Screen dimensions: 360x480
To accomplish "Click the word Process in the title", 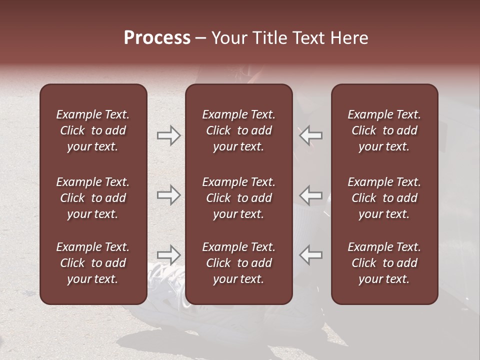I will coord(157,38).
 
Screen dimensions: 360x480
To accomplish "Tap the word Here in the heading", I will coord(349,38).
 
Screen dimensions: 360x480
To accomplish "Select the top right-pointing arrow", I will coord(168,135).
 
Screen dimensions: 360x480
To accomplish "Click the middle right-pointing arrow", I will coord(168,195).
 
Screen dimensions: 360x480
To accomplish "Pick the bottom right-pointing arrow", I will coord(168,255).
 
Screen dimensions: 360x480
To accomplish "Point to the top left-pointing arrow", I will coord(311,135).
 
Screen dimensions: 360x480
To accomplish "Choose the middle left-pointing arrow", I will coord(311,195).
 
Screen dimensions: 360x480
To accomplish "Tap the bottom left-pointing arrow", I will coord(311,255).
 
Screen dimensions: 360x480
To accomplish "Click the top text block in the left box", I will coord(93,130).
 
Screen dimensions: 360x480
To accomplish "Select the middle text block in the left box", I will coord(93,198).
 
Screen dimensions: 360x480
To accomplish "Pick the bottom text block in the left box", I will coord(93,263).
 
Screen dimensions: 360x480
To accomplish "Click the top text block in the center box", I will coord(238,130).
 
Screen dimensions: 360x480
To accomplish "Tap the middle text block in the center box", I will coord(238,198).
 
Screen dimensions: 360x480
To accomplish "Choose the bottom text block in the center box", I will coord(238,263).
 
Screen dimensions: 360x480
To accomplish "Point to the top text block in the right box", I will coord(384,130).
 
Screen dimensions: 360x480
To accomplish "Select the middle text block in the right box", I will coord(384,198).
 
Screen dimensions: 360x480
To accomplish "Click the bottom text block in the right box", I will coord(384,263).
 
